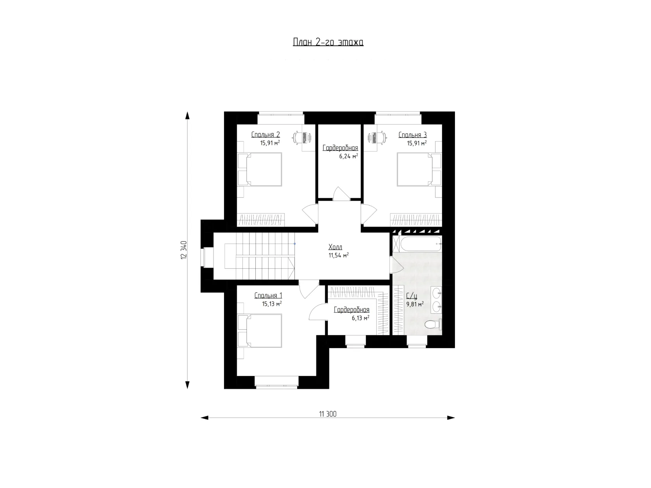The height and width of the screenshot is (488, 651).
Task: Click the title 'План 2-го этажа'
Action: (x=328, y=42)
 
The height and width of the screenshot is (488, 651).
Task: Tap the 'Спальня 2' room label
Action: (x=265, y=134)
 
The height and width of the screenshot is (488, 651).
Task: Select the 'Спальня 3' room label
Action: (x=413, y=135)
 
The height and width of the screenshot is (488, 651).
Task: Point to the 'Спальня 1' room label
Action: (x=268, y=296)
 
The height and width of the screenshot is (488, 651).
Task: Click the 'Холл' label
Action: (x=335, y=247)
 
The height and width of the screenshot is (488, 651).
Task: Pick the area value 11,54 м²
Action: (x=338, y=255)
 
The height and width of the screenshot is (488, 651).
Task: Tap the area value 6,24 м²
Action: (x=348, y=156)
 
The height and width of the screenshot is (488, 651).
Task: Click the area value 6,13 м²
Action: (x=360, y=318)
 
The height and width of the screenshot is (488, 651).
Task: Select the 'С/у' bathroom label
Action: (x=412, y=296)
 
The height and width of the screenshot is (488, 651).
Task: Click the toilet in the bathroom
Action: (x=433, y=325)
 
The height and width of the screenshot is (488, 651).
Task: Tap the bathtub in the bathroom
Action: (x=420, y=244)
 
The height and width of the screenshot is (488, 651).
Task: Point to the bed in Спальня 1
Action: (x=260, y=331)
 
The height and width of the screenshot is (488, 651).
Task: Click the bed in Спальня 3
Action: (x=419, y=169)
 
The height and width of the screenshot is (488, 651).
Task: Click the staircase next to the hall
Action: (x=260, y=256)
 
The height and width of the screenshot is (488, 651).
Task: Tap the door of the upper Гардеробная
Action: (x=341, y=194)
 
